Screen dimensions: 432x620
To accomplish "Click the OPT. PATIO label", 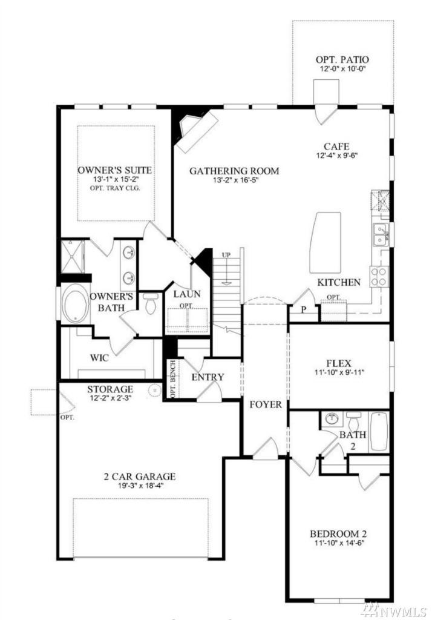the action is (x=342, y=60).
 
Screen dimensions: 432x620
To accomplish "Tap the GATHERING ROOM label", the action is (x=234, y=171).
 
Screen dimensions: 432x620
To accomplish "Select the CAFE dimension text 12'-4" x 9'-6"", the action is (x=336, y=156).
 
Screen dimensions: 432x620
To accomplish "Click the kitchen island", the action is (x=326, y=242).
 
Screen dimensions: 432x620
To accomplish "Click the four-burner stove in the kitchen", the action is (x=379, y=276).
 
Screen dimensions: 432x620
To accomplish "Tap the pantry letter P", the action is (x=304, y=309).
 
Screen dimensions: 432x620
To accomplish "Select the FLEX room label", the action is (x=339, y=363).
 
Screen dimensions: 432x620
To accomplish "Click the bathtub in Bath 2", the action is (x=379, y=431).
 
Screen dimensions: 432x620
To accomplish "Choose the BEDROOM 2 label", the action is (x=339, y=534).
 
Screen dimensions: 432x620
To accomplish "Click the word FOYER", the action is (x=266, y=404).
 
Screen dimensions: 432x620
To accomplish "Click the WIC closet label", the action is (x=99, y=358).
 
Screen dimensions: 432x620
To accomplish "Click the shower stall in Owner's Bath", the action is (x=72, y=256).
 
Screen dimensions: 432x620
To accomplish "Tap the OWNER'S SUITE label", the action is (x=114, y=170).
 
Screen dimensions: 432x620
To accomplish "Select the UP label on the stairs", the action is (x=226, y=255).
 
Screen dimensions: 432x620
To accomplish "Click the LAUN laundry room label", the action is (x=187, y=294).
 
